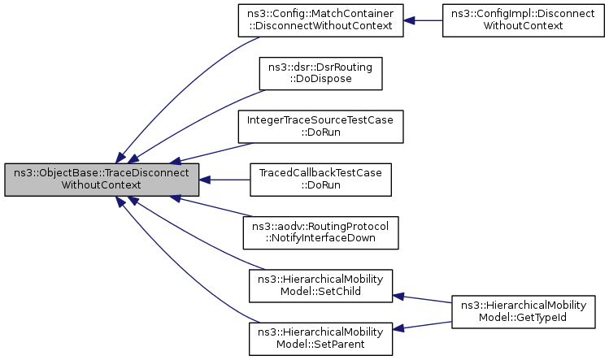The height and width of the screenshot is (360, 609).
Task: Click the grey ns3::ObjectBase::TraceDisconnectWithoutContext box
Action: pos(102,179)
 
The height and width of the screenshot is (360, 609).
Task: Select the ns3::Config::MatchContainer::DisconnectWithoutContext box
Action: pos(320,20)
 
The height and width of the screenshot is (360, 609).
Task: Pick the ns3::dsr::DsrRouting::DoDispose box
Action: pos(320,72)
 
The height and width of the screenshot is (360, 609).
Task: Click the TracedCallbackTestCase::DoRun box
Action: pos(320,179)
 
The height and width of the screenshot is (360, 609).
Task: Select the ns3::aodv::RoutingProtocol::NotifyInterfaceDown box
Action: pos(320,232)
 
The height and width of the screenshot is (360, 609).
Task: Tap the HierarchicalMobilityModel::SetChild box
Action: pos(320,284)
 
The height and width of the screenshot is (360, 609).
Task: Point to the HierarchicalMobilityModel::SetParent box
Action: pos(320,337)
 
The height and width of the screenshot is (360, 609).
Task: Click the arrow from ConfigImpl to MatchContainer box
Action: pos(422,20)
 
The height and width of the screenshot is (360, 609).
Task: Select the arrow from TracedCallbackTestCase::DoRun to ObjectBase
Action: pos(224,179)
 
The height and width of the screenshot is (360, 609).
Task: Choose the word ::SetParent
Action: pos(320,344)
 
